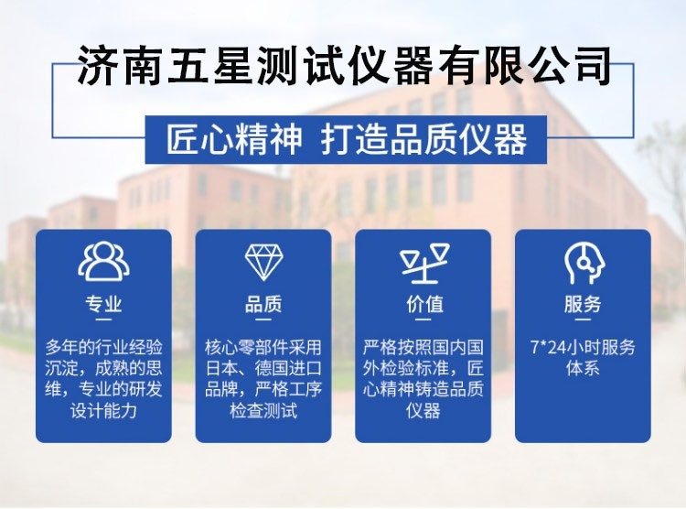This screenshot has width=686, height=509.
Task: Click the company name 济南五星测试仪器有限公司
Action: coord(343,66)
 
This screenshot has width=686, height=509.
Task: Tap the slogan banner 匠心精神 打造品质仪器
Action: coord(346,139)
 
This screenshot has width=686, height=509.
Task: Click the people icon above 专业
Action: coord(103,262)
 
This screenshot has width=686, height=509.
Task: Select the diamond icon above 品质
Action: coord(263,263)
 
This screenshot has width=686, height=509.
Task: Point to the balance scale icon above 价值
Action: coord(424,264)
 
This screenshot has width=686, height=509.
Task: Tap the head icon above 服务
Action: coord(584,264)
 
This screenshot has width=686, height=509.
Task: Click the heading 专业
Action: coord(103,304)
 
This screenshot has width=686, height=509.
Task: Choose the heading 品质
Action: coord(263,304)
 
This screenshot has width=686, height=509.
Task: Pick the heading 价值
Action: coord(424,304)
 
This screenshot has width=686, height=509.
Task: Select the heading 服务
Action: coord(583,304)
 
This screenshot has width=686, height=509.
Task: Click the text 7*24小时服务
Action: coord(583,347)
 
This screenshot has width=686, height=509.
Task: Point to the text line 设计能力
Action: coord(103,411)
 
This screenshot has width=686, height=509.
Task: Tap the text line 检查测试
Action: coord(263,411)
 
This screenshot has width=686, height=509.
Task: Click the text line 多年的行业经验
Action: coord(103,347)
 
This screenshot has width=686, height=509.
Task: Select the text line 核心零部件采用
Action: coord(263,347)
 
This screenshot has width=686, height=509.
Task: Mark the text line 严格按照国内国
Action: coord(423,347)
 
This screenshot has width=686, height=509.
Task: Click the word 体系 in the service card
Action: coord(583,368)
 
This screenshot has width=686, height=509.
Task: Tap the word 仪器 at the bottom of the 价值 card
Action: coord(423,411)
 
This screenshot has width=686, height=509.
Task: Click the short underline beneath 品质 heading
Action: coord(263,319)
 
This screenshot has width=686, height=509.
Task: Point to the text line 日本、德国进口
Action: coord(263,368)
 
